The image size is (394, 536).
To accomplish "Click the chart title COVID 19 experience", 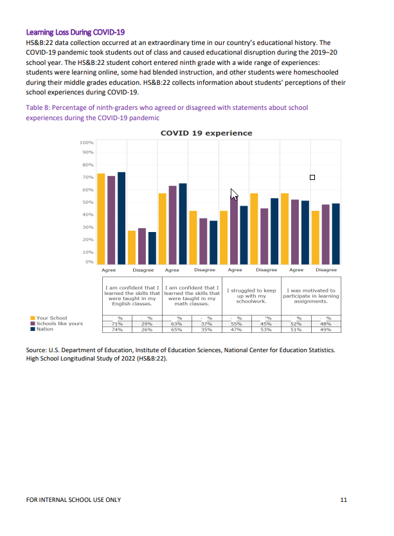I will [206, 133].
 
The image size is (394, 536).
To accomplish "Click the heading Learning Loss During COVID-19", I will [75, 31].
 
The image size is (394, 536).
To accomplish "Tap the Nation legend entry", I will [45, 329].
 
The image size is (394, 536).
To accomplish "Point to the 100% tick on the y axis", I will [86, 142].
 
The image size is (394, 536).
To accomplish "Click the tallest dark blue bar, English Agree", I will [121, 219].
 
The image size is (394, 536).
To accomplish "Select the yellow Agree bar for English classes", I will [101, 219].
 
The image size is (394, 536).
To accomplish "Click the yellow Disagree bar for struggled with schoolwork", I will [254, 228].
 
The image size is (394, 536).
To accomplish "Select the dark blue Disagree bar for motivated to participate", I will [336, 233].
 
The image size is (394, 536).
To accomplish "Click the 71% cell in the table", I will [117, 324].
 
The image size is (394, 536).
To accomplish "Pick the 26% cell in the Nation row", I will [147, 330].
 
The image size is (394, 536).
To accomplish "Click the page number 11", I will [344, 499].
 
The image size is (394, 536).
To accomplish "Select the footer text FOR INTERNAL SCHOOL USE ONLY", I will [73, 499].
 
